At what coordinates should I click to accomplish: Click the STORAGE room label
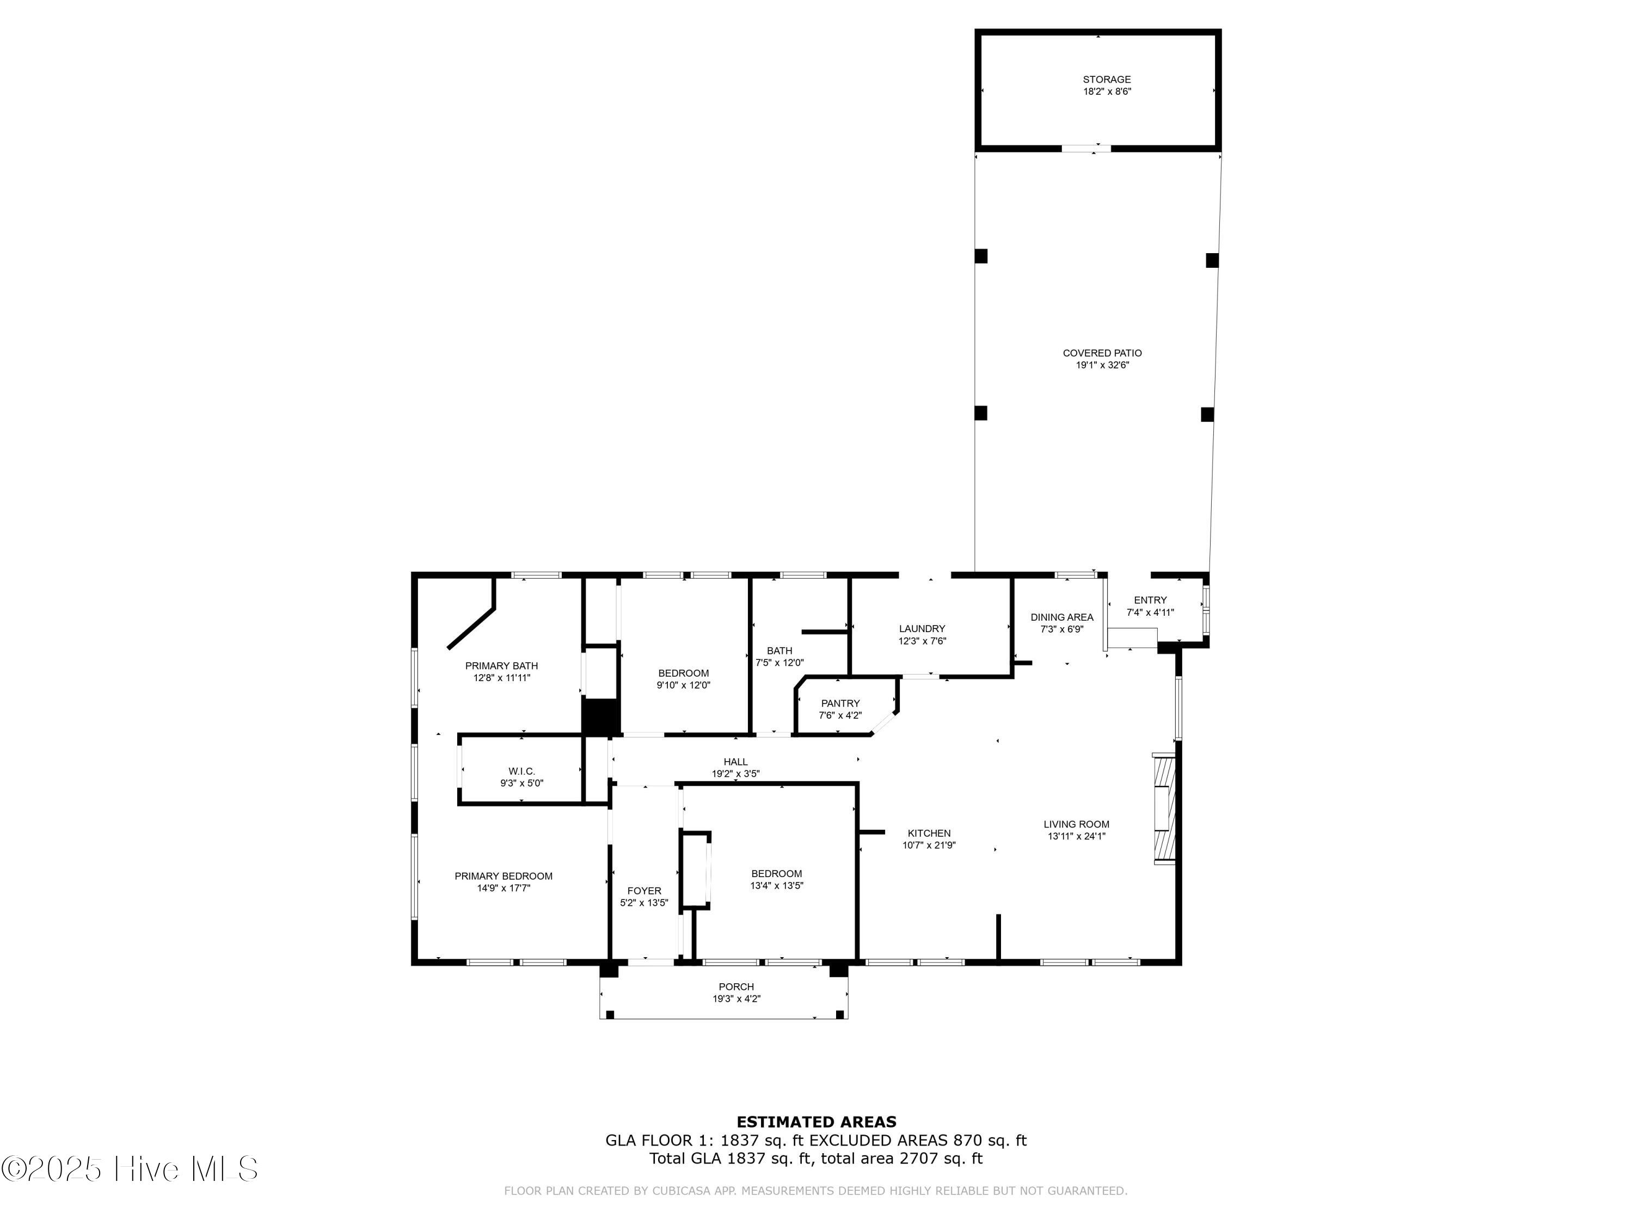point(1106,79)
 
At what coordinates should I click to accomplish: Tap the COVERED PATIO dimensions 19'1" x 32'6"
point(1102,365)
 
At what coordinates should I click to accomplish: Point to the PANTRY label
point(840,703)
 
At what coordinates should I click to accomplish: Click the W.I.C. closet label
point(521,771)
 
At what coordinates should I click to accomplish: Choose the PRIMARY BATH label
point(501,666)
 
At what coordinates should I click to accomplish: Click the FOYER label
point(644,891)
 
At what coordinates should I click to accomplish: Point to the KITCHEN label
point(929,834)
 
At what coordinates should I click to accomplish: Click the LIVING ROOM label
point(1076,825)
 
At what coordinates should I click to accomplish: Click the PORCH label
point(736,987)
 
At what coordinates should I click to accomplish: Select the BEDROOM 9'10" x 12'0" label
point(683,673)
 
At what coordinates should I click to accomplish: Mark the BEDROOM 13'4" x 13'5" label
point(776,873)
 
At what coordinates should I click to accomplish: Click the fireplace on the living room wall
point(1163,808)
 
